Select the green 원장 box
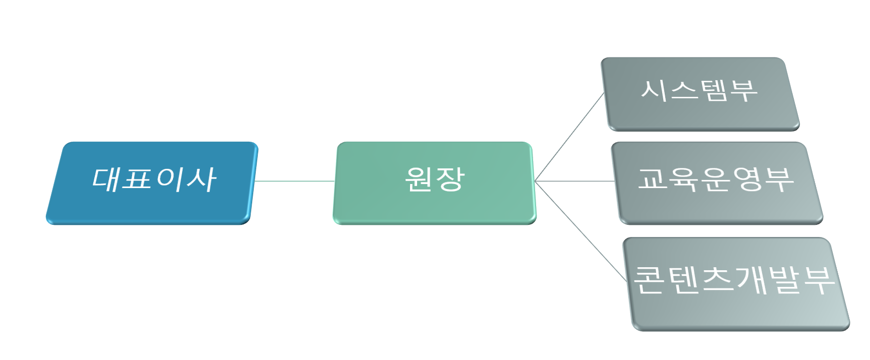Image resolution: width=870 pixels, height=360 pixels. tap(434, 207)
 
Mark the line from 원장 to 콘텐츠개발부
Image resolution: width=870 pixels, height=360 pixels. tap(580, 229)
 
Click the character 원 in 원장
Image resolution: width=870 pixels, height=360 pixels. tap(420, 178)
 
